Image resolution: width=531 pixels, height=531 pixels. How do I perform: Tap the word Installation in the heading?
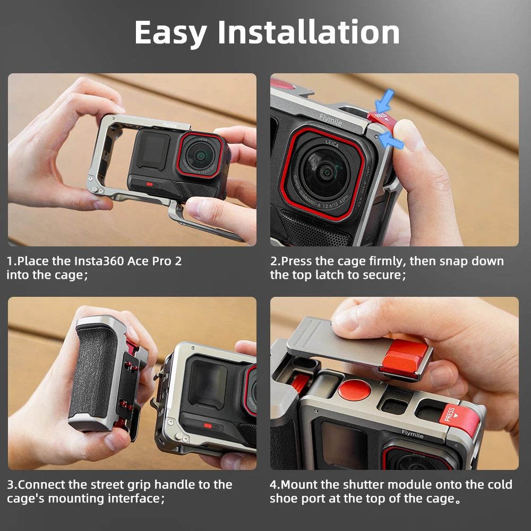click(309, 32)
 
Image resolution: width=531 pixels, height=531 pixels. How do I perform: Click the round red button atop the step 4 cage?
click(354, 390)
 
